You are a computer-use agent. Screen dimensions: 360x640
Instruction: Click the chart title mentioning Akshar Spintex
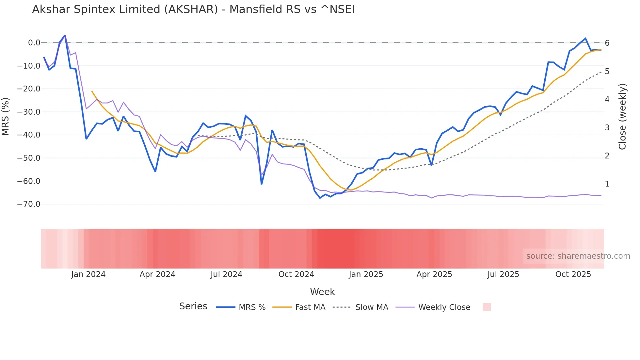[x=193, y=9]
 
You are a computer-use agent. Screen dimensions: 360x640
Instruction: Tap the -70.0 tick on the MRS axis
[x=29, y=204]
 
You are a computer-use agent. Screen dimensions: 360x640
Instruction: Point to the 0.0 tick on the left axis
[x=34, y=43]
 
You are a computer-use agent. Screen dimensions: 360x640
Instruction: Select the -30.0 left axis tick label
[x=29, y=112]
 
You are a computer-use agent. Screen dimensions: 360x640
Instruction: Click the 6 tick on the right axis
[x=607, y=43]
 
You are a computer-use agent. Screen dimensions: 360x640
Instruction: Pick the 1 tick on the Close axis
[x=607, y=184]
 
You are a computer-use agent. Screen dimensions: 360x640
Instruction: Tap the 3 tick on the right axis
[x=607, y=128]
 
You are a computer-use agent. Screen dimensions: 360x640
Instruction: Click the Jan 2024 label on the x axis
[x=88, y=274]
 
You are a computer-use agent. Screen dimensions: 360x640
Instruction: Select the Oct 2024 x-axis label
[x=296, y=274]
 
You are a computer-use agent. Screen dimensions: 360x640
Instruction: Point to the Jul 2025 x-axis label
[x=503, y=274]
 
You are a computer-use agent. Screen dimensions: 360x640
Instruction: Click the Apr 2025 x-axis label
[x=434, y=274]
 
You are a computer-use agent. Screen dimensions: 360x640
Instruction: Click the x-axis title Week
[x=322, y=292]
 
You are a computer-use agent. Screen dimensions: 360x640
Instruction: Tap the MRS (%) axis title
[x=6, y=116]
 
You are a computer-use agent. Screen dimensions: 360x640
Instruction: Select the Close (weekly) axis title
[x=622, y=116]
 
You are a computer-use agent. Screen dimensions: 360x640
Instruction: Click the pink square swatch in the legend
[x=487, y=307]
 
